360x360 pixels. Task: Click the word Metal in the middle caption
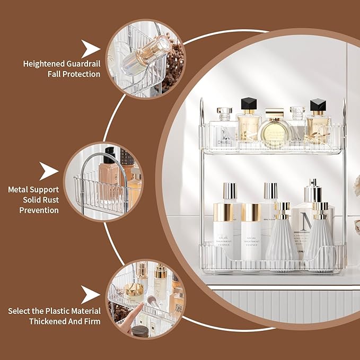19,189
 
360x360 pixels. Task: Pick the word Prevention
39,210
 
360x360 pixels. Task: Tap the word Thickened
47,321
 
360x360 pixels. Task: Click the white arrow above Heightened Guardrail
91,49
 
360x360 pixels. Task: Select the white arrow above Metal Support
49,171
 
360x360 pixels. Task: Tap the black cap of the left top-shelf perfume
248,104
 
